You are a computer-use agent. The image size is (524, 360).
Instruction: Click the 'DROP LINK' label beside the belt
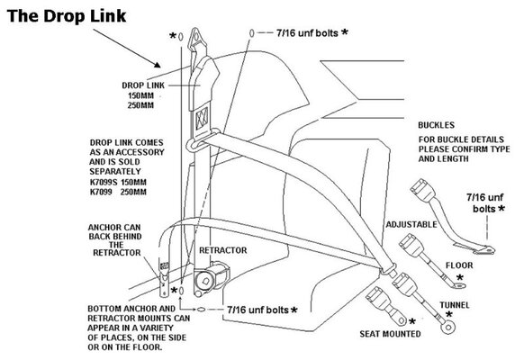144,86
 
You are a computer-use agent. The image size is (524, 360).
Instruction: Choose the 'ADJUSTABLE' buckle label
386,220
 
